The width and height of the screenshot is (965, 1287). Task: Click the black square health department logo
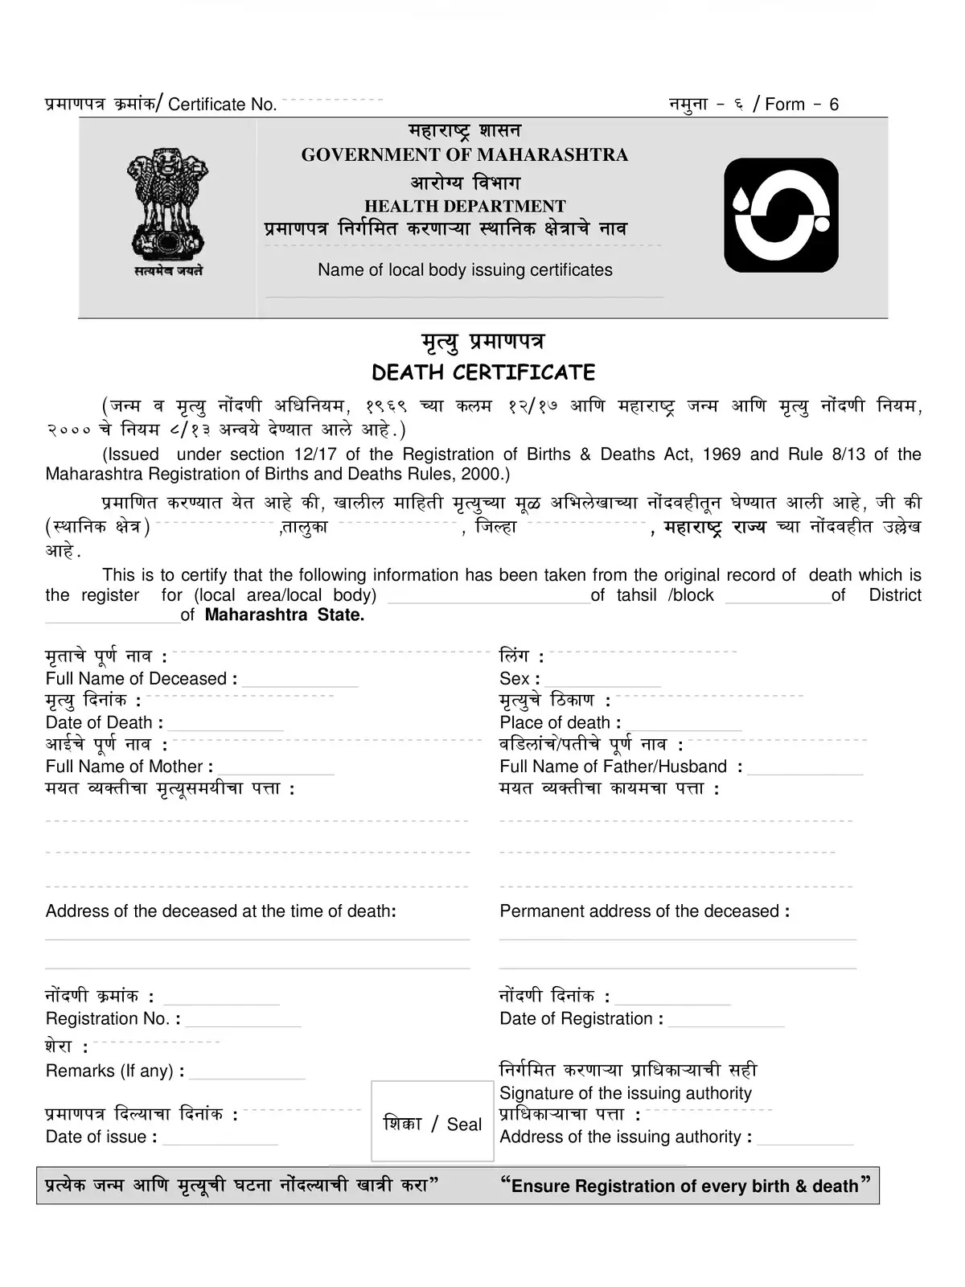pos(781,215)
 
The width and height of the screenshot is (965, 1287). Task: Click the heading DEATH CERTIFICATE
pos(483,373)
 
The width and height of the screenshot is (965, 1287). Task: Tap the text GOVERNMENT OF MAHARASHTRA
pos(464,155)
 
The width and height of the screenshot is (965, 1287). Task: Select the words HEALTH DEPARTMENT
pos(465,207)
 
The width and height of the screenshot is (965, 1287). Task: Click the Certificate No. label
pos(222,105)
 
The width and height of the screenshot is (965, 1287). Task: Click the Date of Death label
pos(104,722)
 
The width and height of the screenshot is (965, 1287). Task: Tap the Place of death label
pos(560,722)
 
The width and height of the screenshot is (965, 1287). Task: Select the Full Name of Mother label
pos(129,767)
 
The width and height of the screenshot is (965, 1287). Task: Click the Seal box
pos(433,1122)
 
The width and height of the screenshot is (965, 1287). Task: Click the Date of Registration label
pos(581,1019)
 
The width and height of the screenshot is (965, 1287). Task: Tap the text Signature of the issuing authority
pos(625,1093)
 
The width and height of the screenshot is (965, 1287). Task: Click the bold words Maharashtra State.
pos(285,615)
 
